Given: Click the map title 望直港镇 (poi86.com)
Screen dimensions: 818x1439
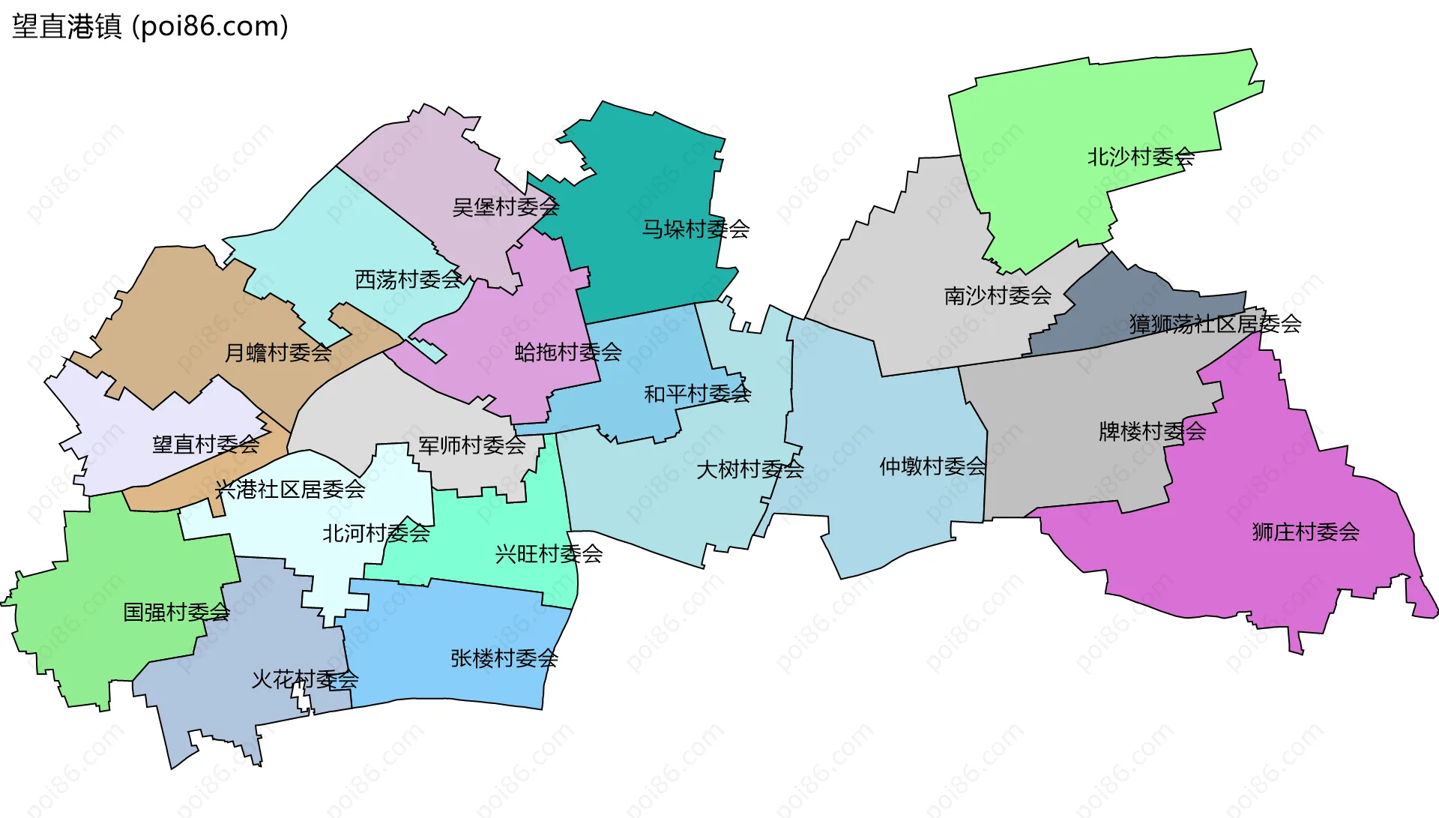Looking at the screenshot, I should pos(150,27).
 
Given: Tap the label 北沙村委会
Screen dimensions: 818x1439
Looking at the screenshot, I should pos(1140,157).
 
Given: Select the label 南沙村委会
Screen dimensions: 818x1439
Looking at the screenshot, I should pos(998,296).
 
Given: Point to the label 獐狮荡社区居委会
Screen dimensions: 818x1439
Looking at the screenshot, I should pos(1215,324).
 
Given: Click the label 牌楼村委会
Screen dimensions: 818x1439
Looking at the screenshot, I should pos(1152,432).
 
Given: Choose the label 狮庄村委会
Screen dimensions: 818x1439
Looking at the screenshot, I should pos(1305,532).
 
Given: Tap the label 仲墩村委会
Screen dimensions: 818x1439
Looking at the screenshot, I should pos(932,467).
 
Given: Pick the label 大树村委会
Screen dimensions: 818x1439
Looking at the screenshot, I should pos(749,470).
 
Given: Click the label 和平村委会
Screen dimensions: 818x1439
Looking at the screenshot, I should pos(697,394).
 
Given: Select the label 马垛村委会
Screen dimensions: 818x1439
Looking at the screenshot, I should pos(696,229).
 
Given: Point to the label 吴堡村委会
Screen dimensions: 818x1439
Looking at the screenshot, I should pos(505,207).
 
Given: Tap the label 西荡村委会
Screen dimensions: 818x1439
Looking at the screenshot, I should pos(408,280).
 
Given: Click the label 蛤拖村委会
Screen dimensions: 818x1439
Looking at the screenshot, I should pos(568,352).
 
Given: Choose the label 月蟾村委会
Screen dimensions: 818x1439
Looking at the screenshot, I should pos(278,353).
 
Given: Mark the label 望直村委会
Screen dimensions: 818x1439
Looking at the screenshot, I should pos(205,445).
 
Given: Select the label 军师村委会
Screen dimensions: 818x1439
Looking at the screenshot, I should pos(471,446).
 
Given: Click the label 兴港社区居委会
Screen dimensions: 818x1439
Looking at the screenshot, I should pos(290,490).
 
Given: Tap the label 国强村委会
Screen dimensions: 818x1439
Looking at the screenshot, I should pos(176,613).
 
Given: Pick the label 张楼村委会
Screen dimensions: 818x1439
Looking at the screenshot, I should pos(504,659).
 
